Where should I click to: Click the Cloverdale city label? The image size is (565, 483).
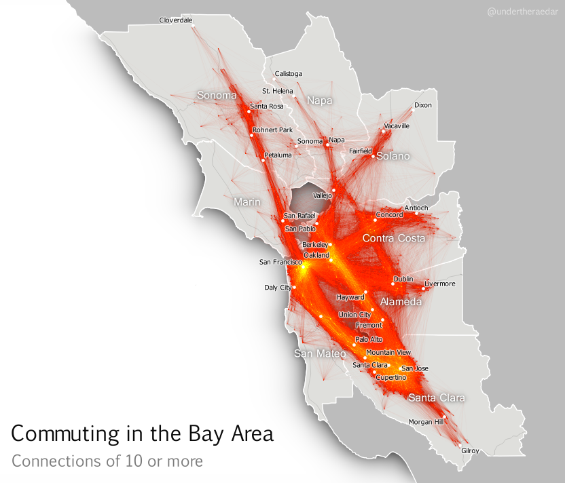pos(176,20)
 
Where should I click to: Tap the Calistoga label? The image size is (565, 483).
pos(288,74)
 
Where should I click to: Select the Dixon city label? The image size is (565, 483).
pos(422,105)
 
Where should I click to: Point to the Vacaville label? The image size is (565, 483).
pos(397,126)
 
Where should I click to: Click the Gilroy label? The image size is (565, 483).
pos(470,451)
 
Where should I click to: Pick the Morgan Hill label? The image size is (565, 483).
pos(426,422)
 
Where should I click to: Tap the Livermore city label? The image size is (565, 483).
pos(439,284)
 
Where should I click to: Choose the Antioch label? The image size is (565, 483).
pos(416,208)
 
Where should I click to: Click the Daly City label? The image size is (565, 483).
pos(277,288)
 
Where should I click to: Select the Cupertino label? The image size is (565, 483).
pos(390,377)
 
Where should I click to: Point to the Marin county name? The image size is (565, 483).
pos(247,202)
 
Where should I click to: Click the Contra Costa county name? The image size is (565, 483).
pos(394,239)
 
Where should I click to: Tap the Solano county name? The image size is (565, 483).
pos(393,156)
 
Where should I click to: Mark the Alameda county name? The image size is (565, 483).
pos(401,301)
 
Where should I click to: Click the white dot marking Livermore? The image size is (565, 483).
pos(423,288)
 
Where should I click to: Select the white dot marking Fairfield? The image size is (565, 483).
pos(373,157)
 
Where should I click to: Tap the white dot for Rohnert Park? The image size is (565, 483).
pos(251,136)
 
